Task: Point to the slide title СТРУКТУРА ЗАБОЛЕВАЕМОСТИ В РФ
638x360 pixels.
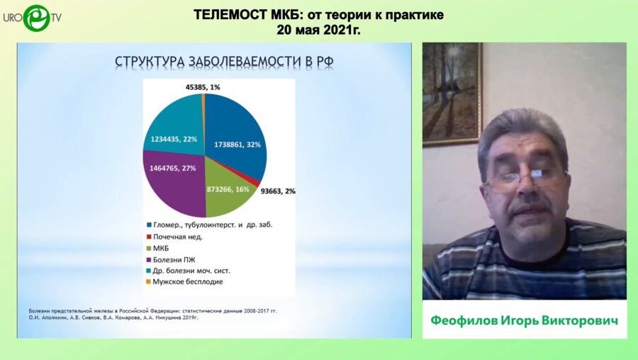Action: pyautogui.click(x=225, y=62)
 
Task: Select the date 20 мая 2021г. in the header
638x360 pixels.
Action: pyautogui.click(x=318, y=30)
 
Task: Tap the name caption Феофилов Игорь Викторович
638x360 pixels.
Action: pyautogui.click(x=524, y=320)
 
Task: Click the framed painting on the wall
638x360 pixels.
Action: pyautogui.click(x=452, y=94)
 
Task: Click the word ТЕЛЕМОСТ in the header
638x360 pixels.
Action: pyautogui.click(x=230, y=15)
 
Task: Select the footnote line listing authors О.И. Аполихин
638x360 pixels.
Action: pyautogui.click(x=113, y=317)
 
